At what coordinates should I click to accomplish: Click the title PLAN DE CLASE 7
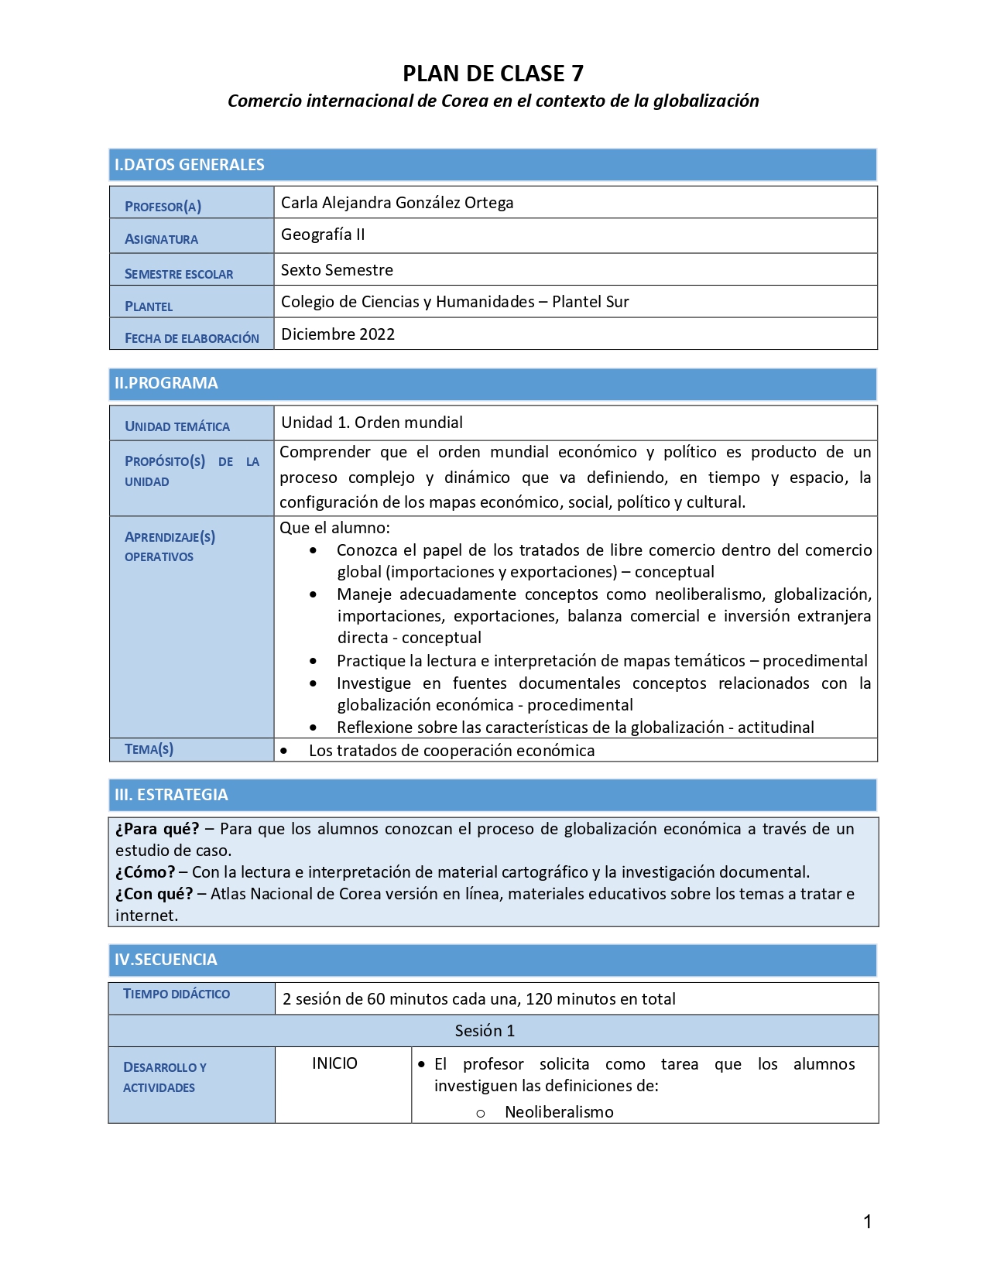click(492, 74)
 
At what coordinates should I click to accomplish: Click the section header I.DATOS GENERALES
click(190, 165)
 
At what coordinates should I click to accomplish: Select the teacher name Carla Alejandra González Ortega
click(397, 203)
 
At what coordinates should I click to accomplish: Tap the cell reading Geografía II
click(323, 235)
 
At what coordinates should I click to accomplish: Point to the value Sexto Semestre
click(337, 270)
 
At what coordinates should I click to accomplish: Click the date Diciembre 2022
click(338, 334)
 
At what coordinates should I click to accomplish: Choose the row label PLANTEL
click(149, 306)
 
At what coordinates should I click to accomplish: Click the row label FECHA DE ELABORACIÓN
click(192, 338)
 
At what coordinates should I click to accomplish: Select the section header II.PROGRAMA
click(166, 383)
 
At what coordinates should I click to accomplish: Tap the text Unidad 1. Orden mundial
click(372, 423)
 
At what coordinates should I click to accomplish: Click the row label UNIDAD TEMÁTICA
click(177, 426)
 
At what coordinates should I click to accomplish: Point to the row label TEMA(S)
click(149, 749)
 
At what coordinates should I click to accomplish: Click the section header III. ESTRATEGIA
click(171, 795)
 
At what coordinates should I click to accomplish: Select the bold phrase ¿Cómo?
click(146, 872)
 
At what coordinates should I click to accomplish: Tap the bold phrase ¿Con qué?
click(154, 894)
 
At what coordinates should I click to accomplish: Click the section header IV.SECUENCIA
click(166, 960)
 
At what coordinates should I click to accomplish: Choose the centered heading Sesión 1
click(485, 1031)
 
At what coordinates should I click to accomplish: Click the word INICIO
click(334, 1063)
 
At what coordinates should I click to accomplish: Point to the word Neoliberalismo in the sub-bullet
click(559, 1112)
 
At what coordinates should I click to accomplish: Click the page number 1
click(867, 1222)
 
